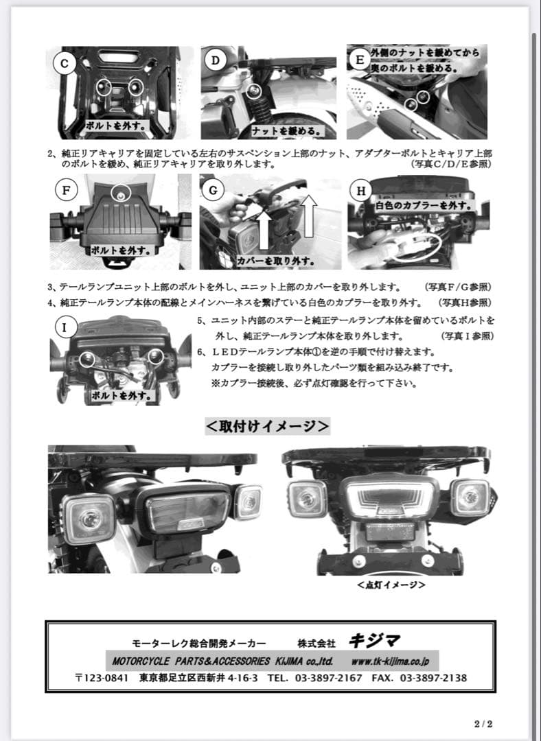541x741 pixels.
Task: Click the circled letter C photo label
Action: point(64,64)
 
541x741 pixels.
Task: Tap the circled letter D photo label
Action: point(215,60)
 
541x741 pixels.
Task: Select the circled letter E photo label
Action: point(359,60)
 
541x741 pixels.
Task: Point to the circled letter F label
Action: point(66,190)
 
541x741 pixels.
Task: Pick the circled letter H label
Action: point(361,190)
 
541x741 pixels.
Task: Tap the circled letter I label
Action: point(65,327)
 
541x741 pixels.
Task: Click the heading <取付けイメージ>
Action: point(268,426)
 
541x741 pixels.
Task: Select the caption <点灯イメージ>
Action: point(391,585)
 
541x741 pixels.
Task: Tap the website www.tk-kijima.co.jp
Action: point(390,661)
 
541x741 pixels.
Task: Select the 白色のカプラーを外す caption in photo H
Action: point(424,205)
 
